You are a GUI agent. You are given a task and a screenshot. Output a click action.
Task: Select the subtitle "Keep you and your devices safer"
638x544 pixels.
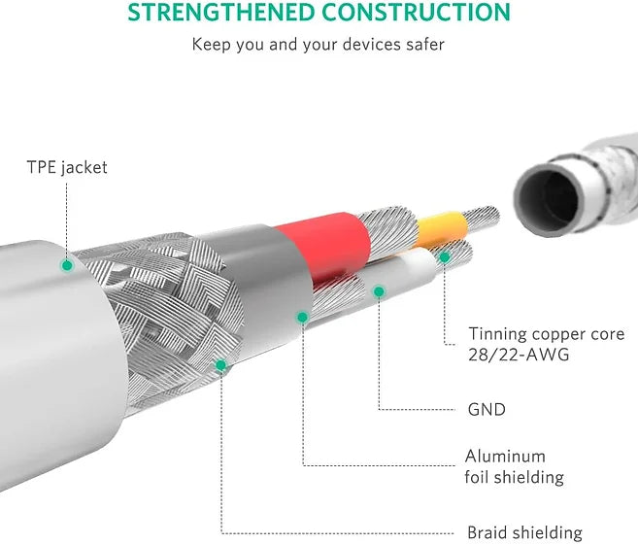pyautogui.click(x=319, y=44)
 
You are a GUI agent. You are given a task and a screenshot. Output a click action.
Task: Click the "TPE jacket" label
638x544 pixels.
pyautogui.click(x=67, y=167)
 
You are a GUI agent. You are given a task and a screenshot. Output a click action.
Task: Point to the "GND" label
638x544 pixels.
pyautogui.click(x=487, y=409)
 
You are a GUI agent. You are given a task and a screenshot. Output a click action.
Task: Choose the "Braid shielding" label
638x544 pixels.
pyautogui.click(x=524, y=532)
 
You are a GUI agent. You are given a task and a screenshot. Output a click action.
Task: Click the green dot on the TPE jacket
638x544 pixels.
pyautogui.click(x=67, y=264)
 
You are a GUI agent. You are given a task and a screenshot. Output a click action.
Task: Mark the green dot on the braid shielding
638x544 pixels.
pyautogui.click(x=221, y=366)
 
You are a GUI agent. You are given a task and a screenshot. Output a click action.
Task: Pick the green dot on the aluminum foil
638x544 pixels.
pyautogui.click(x=303, y=317)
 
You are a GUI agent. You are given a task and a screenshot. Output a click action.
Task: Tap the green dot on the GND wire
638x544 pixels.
pyautogui.click(x=378, y=290)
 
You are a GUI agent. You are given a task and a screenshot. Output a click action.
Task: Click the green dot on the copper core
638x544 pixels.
pyautogui.click(x=445, y=257)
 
